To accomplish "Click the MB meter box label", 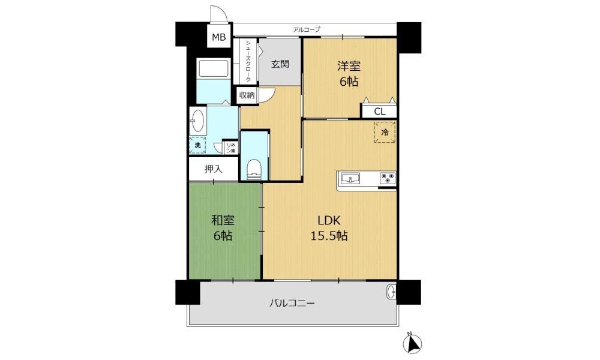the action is [x=219, y=37].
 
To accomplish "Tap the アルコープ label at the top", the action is [x=306, y=29].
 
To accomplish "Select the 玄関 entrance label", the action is [x=280, y=64].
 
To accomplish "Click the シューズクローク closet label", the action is [x=248, y=61].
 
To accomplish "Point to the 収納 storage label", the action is [x=247, y=95].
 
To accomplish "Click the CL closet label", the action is [x=380, y=112].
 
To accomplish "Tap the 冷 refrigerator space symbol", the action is [x=385, y=132].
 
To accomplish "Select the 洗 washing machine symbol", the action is [x=197, y=145].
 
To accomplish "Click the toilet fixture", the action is [x=254, y=169].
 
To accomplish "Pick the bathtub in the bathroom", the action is [x=214, y=69].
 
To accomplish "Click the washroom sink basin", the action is [x=197, y=121].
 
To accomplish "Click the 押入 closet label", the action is [x=213, y=169].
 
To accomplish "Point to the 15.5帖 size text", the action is [x=329, y=236].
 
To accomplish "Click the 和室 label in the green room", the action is [x=223, y=220].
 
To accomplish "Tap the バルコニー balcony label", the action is [x=292, y=304].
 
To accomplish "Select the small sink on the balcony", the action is [x=391, y=293].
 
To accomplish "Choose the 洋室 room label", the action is [x=349, y=66].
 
